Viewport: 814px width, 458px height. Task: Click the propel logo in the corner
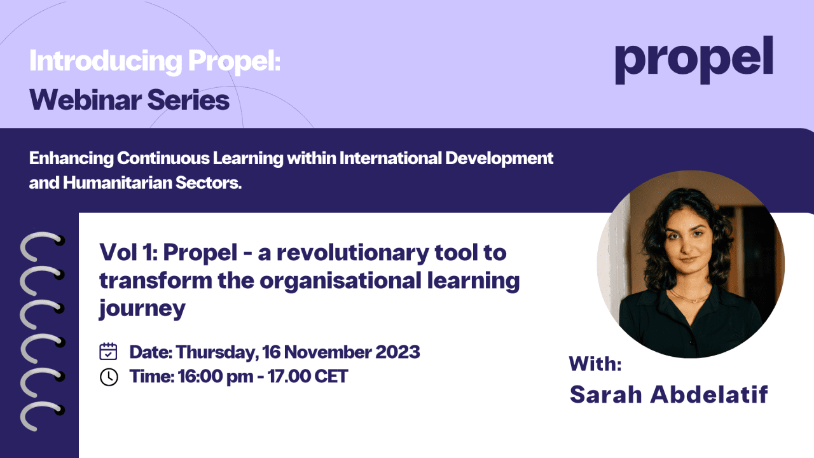coord(694,60)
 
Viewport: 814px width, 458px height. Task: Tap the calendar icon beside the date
coord(108,352)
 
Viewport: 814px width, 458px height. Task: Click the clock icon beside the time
coord(109,377)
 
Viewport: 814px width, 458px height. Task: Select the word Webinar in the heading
coord(86,100)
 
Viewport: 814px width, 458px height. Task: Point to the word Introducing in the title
coord(106,60)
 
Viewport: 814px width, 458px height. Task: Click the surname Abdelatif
coord(709,394)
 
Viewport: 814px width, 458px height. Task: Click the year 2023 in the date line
coord(397,352)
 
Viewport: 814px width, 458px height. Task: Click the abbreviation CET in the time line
coord(331,376)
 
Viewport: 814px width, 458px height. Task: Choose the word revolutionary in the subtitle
coord(353,253)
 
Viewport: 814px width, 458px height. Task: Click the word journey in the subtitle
coord(142,309)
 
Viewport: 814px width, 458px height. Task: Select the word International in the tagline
coord(390,158)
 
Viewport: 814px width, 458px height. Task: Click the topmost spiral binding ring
coord(43,246)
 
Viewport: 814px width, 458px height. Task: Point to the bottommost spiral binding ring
coord(43,416)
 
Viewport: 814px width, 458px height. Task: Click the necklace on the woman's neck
coord(689,297)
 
